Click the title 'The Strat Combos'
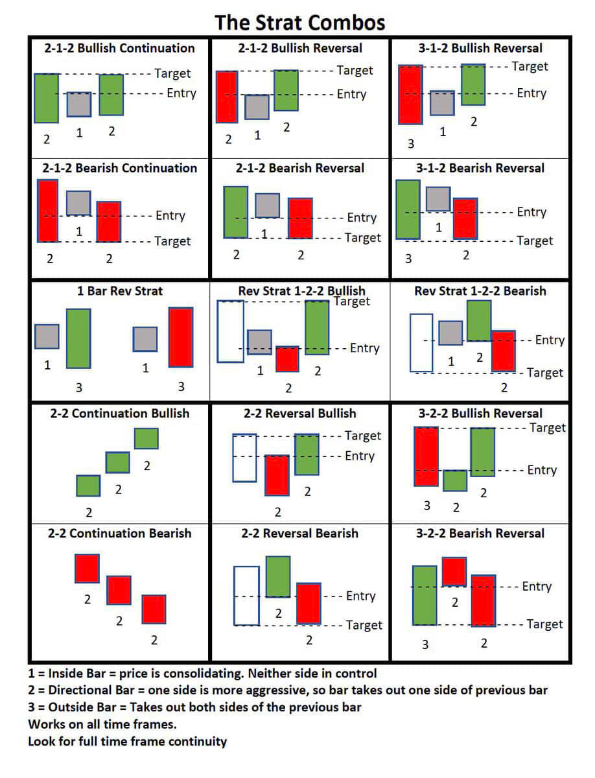[x=299, y=23]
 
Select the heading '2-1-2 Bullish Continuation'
[x=119, y=48]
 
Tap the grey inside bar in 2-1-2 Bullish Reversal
[x=257, y=107]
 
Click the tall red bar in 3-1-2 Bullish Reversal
[x=410, y=94]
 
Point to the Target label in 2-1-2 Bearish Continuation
[x=172, y=241]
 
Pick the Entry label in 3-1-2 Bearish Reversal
[x=531, y=212]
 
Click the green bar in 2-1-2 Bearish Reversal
[x=235, y=212]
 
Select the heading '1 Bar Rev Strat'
[x=120, y=291]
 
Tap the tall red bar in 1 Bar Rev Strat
[x=181, y=337]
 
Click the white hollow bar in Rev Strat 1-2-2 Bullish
[x=230, y=331]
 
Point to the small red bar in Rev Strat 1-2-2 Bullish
[x=286, y=359]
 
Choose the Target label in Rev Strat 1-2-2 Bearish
[x=545, y=373]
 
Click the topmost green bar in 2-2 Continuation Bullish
[x=146, y=438]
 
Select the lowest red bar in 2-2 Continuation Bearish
[x=154, y=609]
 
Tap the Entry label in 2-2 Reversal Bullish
[x=360, y=456]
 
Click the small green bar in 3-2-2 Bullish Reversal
[x=455, y=480]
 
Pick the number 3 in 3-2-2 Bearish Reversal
[x=425, y=644]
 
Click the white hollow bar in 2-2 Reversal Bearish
[x=246, y=596]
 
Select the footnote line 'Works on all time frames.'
[x=102, y=723]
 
